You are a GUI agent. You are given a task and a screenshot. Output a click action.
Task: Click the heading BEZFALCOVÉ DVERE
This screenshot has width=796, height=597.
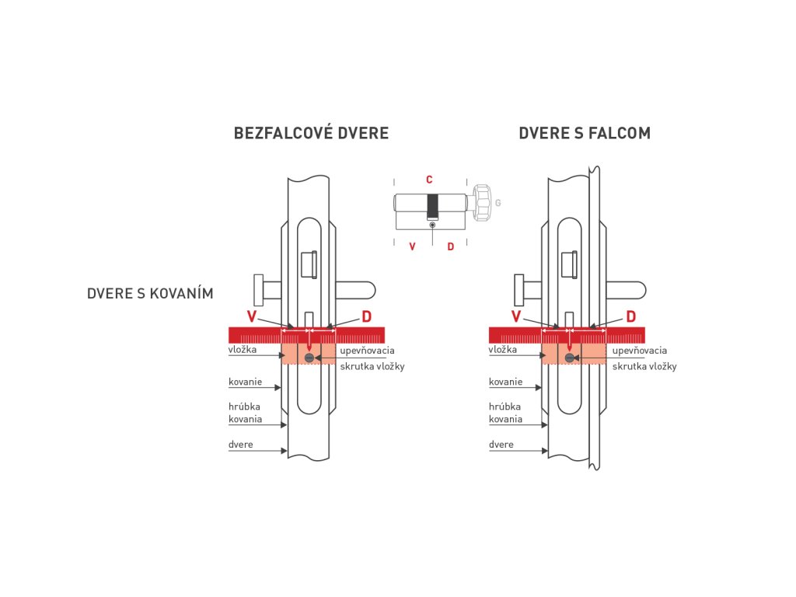click(311, 132)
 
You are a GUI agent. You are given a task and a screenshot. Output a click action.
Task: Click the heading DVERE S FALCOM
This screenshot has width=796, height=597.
click(585, 133)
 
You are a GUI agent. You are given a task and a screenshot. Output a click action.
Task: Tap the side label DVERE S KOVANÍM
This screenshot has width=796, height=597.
click(150, 293)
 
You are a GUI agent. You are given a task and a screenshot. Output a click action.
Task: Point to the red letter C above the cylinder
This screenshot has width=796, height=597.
click(429, 180)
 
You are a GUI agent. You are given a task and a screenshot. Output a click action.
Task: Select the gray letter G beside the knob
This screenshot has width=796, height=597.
click(498, 203)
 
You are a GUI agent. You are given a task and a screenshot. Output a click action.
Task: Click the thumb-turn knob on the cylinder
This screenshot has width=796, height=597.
click(483, 203)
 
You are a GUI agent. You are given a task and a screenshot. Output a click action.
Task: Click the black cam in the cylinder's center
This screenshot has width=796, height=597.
click(432, 207)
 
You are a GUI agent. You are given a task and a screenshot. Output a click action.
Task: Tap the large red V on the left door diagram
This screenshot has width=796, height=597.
click(252, 316)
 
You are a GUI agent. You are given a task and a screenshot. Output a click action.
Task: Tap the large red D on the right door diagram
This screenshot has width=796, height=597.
click(631, 317)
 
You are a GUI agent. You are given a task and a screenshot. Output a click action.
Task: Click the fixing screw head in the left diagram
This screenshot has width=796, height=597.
click(309, 358)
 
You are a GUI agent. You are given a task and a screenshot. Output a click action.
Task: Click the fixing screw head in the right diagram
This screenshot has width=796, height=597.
click(570, 358)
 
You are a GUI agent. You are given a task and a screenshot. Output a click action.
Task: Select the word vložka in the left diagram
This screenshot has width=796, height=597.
click(243, 349)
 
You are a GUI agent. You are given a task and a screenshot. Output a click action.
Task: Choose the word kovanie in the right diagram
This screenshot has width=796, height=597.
click(505, 382)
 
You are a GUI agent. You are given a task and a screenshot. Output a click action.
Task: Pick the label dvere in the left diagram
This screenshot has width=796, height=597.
click(241, 444)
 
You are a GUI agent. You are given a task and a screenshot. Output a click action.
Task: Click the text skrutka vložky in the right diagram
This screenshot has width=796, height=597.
click(644, 367)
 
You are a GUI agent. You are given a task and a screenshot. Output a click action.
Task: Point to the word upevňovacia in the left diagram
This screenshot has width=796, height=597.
click(367, 351)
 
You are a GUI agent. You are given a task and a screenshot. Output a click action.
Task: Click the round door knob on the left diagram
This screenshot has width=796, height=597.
click(259, 290)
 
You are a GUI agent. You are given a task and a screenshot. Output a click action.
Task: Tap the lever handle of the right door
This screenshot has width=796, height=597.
click(626, 291)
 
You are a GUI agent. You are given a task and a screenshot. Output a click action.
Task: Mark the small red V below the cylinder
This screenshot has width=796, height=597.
click(412, 246)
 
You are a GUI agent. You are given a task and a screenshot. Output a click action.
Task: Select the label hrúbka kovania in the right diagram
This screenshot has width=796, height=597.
click(505, 413)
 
